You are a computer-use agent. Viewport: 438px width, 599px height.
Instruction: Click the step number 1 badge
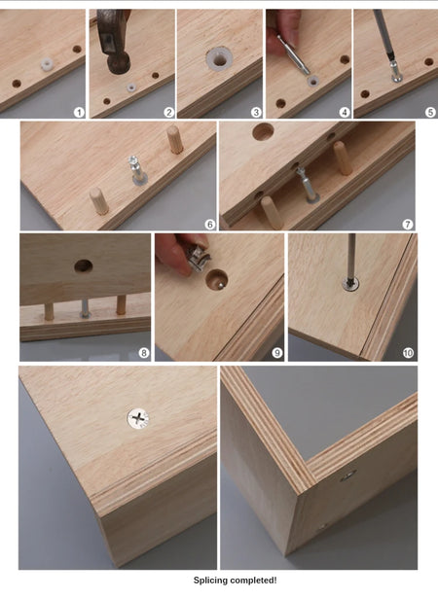coord(79,113)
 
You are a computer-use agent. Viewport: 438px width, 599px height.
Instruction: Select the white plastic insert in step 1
coord(47,64)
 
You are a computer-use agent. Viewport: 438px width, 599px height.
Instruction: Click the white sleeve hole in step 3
coord(219,58)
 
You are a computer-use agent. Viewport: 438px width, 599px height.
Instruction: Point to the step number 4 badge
coord(345,113)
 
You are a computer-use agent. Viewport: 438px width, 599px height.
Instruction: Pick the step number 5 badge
coord(430,113)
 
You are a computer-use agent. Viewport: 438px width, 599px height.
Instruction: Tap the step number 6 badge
coord(210,225)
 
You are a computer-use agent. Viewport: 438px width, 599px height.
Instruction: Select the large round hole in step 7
coord(263,131)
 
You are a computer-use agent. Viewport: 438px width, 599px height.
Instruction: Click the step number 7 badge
coord(408,225)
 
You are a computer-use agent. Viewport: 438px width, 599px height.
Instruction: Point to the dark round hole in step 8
coord(84,265)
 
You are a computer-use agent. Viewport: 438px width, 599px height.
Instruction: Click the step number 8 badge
coord(144,352)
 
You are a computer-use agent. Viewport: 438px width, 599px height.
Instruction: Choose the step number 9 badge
coord(277,352)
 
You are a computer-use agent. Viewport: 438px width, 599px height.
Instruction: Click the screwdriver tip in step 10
coord(349,283)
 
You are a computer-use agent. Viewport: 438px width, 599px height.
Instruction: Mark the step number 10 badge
coord(408,352)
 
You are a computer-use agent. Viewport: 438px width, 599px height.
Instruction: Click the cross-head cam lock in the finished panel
coord(138,418)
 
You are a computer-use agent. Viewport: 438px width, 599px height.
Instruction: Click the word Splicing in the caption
coord(211,581)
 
